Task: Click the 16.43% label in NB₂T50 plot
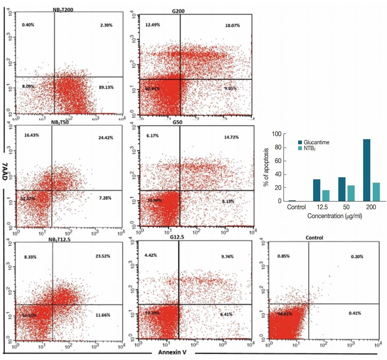[32, 135]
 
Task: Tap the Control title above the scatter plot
[314, 238]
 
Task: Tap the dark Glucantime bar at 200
[367, 170]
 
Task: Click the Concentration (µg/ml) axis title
[334, 216]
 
